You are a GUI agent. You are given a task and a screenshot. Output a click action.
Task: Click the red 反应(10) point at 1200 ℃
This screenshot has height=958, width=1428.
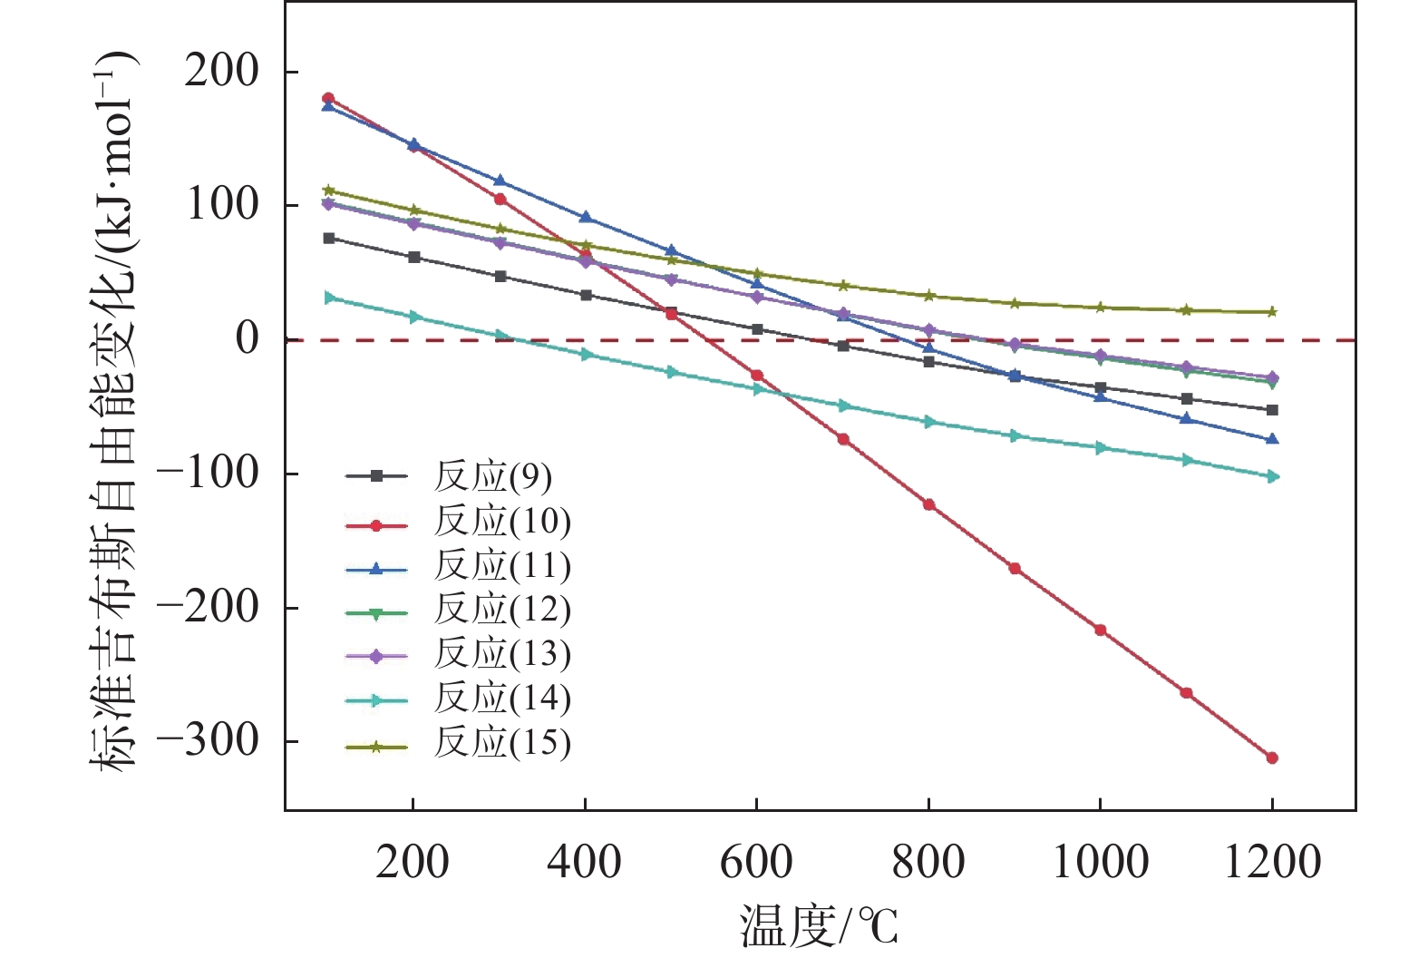coord(1272,758)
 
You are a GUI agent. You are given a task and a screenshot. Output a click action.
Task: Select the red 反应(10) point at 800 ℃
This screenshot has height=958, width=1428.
coord(928,504)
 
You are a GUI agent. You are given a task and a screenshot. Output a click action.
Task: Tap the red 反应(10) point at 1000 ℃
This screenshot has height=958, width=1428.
coord(1101,630)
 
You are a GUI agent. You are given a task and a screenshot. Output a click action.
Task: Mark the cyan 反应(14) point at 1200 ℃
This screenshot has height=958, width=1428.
coord(1272,476)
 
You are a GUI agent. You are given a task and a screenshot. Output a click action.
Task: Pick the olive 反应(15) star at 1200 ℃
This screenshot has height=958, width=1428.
coord(1272,312)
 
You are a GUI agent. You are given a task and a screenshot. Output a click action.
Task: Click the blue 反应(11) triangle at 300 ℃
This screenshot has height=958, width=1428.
coord(500,181)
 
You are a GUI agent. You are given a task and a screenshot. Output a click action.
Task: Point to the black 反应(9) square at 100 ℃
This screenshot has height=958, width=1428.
coord(328,239)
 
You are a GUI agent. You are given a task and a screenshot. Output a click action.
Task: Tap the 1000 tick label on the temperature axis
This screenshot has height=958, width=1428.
coord(1100,861)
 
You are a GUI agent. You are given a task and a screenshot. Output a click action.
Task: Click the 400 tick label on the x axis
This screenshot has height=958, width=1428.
coord(585,861)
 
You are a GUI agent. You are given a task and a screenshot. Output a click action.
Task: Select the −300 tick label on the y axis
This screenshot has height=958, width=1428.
coord(208,741)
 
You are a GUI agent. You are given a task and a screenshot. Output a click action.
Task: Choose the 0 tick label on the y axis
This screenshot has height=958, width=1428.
coord(247,339)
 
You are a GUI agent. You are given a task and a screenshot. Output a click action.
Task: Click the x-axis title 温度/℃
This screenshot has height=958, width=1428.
coord(819,927)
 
